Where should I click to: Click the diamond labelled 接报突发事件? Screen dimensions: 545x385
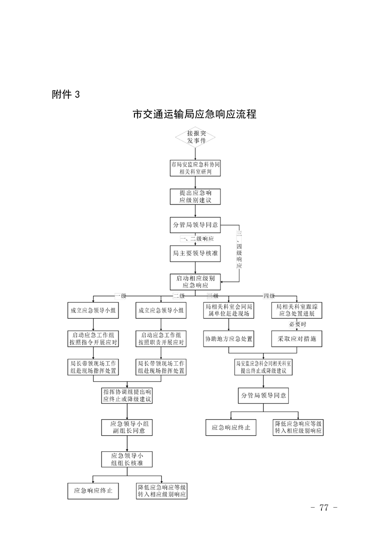point(195,136)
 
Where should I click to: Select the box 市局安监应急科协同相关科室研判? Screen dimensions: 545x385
point(195,168)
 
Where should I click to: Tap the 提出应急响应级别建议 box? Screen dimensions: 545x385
point(195,196)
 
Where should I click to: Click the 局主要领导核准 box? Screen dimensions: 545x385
point(195,253)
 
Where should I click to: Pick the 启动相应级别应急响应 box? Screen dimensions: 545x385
point(195,282)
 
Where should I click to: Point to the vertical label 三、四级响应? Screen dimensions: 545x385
point(239,251)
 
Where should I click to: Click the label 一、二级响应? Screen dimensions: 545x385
point(197,239)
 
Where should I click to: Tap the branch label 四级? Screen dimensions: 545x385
point(268,296)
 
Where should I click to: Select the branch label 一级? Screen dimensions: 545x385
point(120,296)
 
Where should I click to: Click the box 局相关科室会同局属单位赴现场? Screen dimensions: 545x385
point(228,310)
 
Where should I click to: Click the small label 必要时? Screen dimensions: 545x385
point(297,324)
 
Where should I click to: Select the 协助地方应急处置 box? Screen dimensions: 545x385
point(228,339)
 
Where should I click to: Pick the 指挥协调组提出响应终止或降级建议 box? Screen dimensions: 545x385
point(127,395)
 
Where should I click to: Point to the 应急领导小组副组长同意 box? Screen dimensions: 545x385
point(127,427)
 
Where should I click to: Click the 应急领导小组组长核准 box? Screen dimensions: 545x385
point(127,459)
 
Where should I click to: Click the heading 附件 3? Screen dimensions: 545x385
point(65,95)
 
